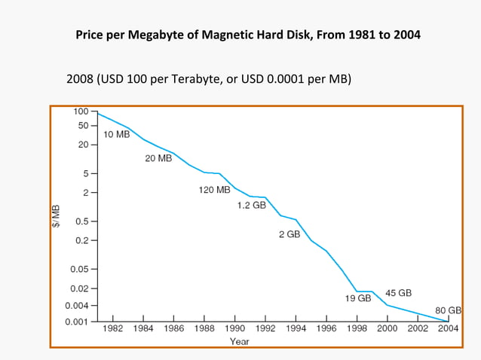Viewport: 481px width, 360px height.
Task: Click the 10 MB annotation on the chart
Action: [x=117, y=134]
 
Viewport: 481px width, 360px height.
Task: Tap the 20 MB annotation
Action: [x=158, y=159]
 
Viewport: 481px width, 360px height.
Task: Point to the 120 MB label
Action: [x=214, y=190]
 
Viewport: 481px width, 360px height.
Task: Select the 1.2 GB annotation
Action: [x=251, y=205]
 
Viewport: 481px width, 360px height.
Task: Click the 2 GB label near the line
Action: [x=289, y=235]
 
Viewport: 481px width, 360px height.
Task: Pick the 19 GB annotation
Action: [x=358, y=298]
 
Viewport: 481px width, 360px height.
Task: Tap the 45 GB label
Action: [x=398, y=292]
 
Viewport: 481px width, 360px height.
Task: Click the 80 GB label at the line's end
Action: [x=449, y=310]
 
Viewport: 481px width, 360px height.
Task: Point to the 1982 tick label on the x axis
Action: [x=113, y=329]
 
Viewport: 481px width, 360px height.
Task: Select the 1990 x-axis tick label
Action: [x=235, y=329]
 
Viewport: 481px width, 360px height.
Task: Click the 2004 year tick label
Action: [x=448, y=329]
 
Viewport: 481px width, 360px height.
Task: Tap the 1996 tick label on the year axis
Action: [x=326, y=329]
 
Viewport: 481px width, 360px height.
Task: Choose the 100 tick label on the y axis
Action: [x=81, y=111]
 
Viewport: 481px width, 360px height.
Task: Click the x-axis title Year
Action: [x=240, y=341]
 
